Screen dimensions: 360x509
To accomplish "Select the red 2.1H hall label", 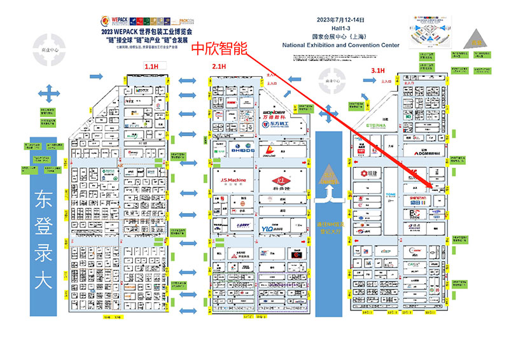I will tap(220, 66).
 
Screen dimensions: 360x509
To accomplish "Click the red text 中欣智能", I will tap(219, 48).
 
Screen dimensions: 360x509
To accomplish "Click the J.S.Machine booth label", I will tap(233, 180).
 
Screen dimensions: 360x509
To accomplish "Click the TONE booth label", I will tap(391, 195).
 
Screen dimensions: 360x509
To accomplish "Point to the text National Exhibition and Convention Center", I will tap(340, 45).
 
